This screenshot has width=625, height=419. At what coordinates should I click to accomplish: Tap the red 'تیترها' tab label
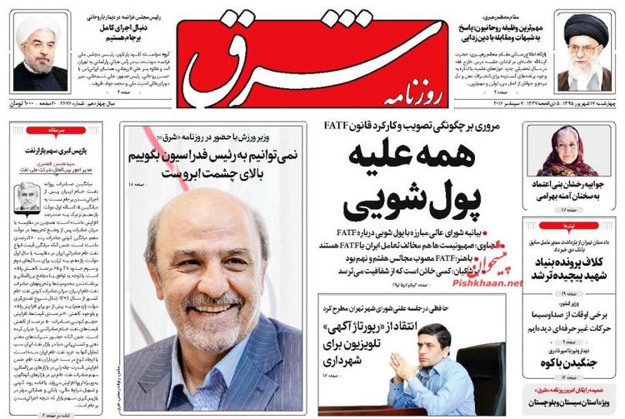click(x=572, y=226)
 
